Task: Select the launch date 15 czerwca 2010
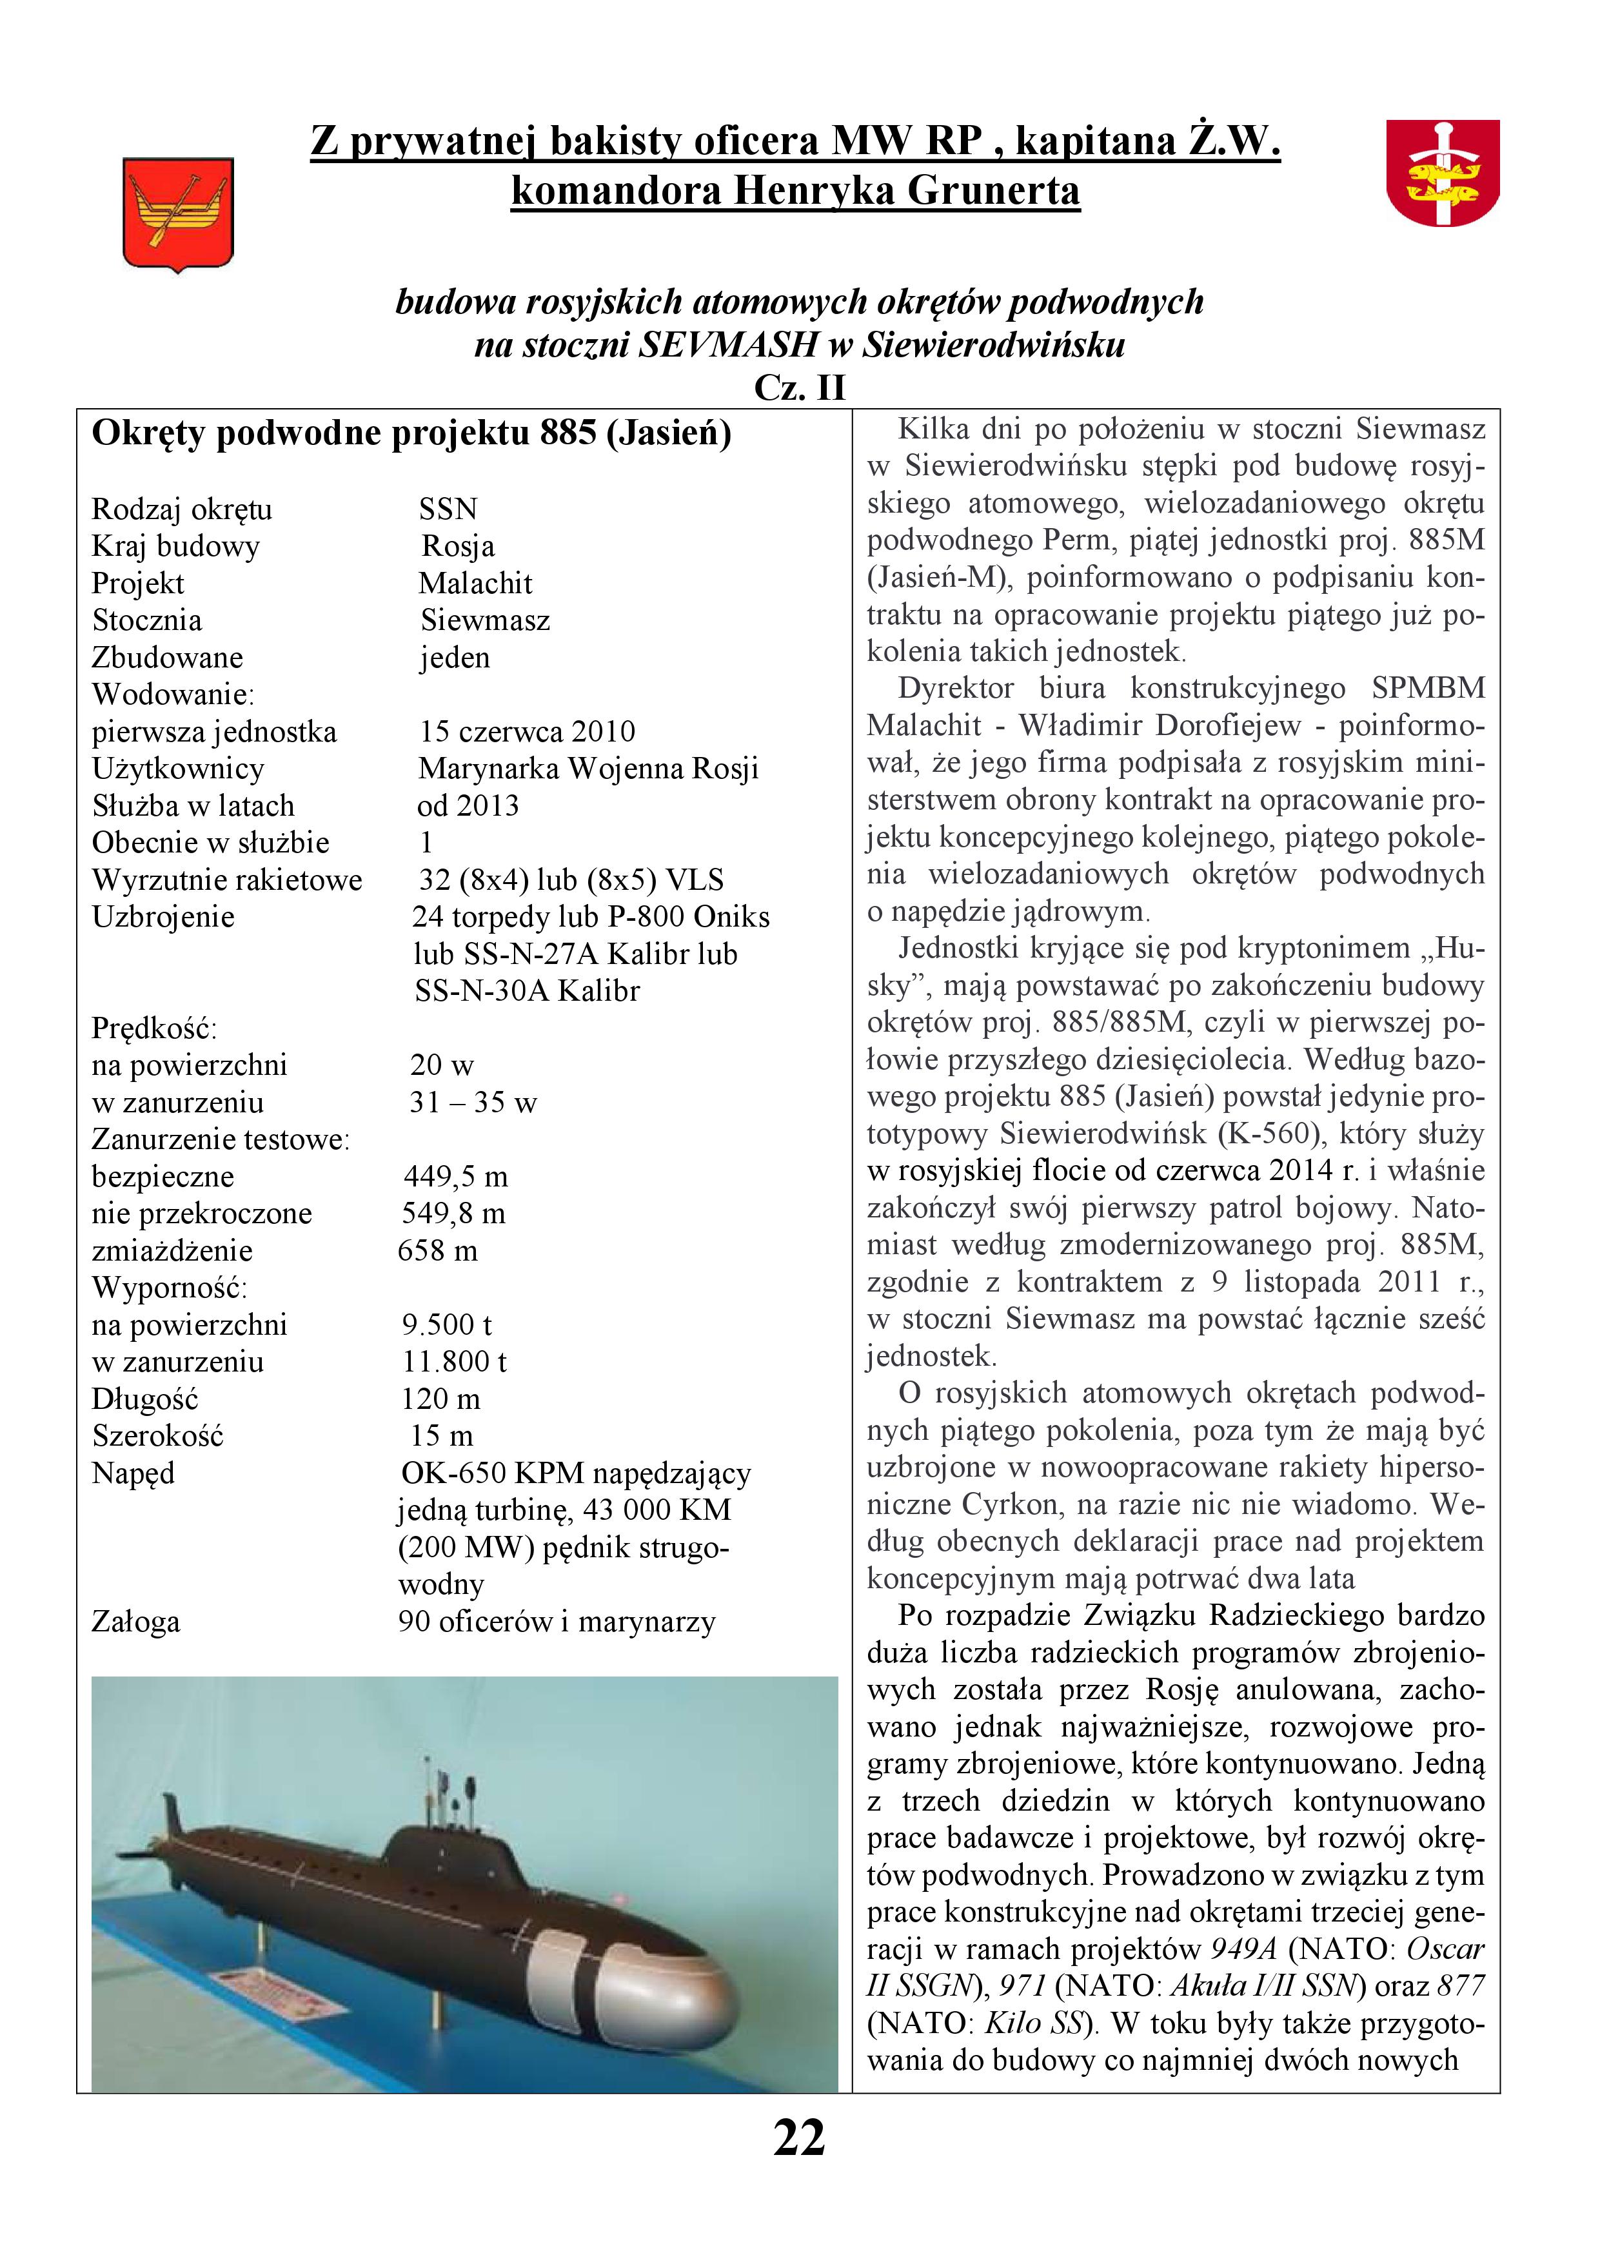coord(527,732)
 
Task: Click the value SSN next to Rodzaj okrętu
coord(448,509)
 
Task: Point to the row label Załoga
coord(136,1622)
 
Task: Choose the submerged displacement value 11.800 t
coord(454,1362)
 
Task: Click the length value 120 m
coord(440,1399)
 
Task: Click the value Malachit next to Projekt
coord(475,584)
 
